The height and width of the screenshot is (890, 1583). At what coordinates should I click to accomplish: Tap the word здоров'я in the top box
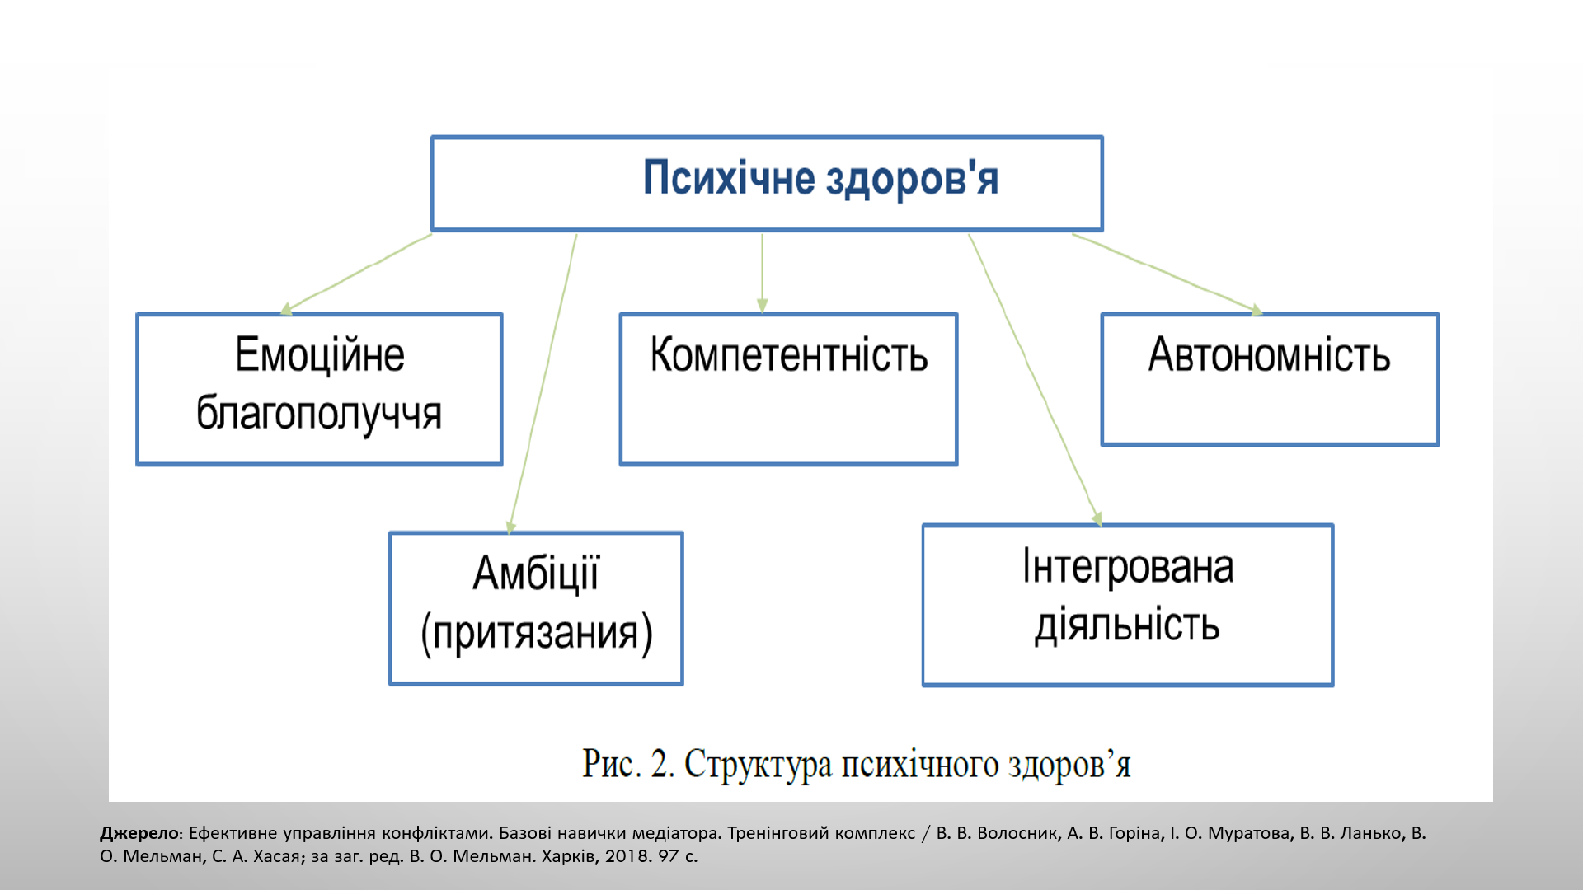tap(912, 179)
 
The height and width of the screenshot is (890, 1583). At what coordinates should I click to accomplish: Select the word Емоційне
tap(320, 354)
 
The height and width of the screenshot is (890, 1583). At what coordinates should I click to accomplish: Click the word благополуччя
tap(319, 413)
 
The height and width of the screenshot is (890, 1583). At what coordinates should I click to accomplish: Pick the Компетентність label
tap(789, 354)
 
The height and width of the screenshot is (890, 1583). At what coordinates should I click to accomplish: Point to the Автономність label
tap(1270, 354)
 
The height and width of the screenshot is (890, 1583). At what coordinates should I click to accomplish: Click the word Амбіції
tap(536, 573)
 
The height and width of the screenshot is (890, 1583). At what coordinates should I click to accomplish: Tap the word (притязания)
tap(537, 633)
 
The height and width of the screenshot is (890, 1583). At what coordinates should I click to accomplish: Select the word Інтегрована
tap(1128, 566)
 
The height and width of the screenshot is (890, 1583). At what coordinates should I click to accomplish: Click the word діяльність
tap(1127, 625)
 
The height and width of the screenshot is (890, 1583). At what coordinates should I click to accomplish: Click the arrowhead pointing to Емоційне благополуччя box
tap(286, 309)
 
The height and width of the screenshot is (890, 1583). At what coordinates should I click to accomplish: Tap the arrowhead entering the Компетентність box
tap(762, 306)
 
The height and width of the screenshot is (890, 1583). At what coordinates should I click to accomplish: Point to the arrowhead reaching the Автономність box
tap(1257, 310)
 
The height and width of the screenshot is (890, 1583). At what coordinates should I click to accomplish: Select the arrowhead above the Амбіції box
tap(511, 527)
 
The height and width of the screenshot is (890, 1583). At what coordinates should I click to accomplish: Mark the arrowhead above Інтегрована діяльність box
tap(1097, 519)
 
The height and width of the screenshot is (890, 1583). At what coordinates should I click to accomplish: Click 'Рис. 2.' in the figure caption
tap(628, 763)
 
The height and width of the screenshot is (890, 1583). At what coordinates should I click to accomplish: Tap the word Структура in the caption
tap(759, 765)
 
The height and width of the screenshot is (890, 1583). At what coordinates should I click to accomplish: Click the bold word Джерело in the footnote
tap(139, 833)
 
